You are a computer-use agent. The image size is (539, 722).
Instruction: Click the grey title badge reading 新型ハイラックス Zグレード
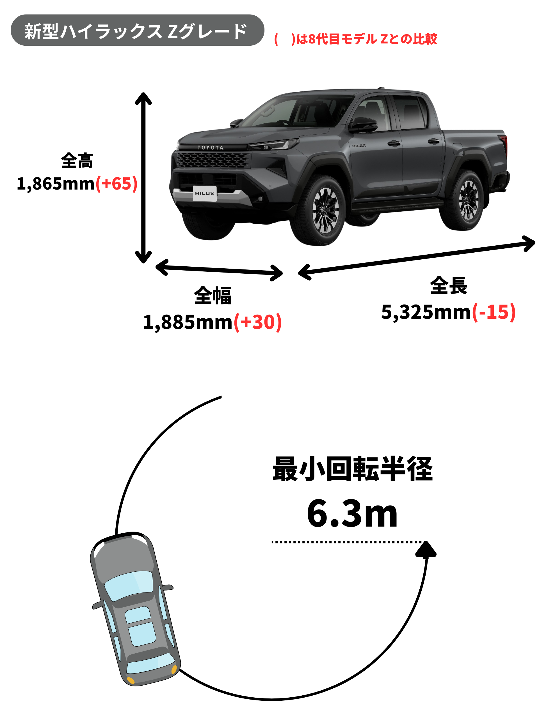pos(137,30)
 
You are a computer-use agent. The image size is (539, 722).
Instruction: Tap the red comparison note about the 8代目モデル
pos(356,39)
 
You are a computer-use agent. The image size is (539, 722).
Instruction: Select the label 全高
pos(77,160)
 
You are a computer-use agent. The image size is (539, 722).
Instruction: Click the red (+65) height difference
pos(117,183)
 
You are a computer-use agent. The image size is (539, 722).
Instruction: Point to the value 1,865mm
pos(56,183)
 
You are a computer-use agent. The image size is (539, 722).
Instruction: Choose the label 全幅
pos(213,296)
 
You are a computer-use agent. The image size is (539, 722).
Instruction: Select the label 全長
pos(449,286)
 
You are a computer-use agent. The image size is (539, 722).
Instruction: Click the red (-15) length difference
pos(494,312)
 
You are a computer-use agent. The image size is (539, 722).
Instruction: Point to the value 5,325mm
pos(426,312)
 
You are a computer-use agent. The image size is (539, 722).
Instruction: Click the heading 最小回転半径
pos(353,469)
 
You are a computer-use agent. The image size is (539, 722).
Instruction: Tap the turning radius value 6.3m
pos(352,514)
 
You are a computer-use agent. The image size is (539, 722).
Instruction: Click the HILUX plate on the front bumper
pos(205,193)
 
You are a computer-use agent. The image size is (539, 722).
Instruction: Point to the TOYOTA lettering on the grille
pos(211,147)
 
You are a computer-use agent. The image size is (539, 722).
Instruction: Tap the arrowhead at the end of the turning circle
pos(426,550)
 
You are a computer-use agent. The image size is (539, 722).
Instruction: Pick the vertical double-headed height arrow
pos(143,177)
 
